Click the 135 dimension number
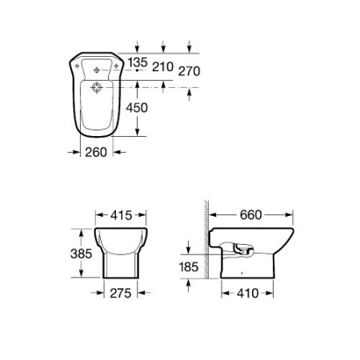(x=138, y=62)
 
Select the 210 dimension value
(x=162, y=66)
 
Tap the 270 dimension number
(x=189, y=71)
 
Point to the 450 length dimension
(x=137, y=108)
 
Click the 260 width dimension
(x=96, y=152)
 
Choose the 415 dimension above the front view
(x=122, y=215)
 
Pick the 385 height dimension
(x=82, y=254)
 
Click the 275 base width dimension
(x=121, y=294)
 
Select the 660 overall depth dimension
(x=250, y=215)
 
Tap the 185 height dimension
(x=189, y=267)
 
